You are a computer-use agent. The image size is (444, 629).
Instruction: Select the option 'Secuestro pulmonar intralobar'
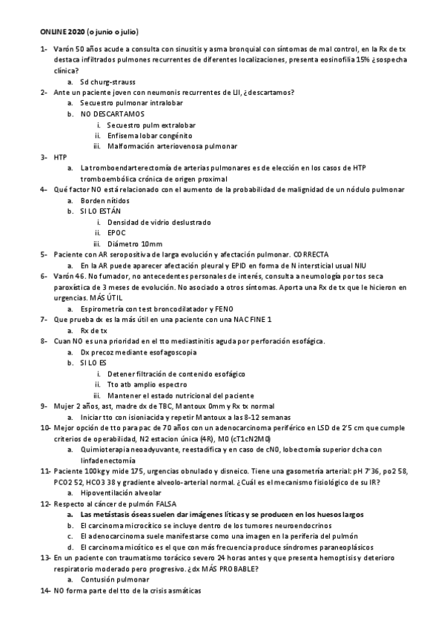(127, 103)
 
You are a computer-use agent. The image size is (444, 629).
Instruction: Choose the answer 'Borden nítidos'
(105, 200)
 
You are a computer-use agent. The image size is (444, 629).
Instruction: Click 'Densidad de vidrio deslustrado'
(159, 222)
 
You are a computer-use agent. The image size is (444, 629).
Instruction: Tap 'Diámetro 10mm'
(135, 243)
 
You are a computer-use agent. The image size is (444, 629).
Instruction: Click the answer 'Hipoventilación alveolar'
(122, 492)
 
